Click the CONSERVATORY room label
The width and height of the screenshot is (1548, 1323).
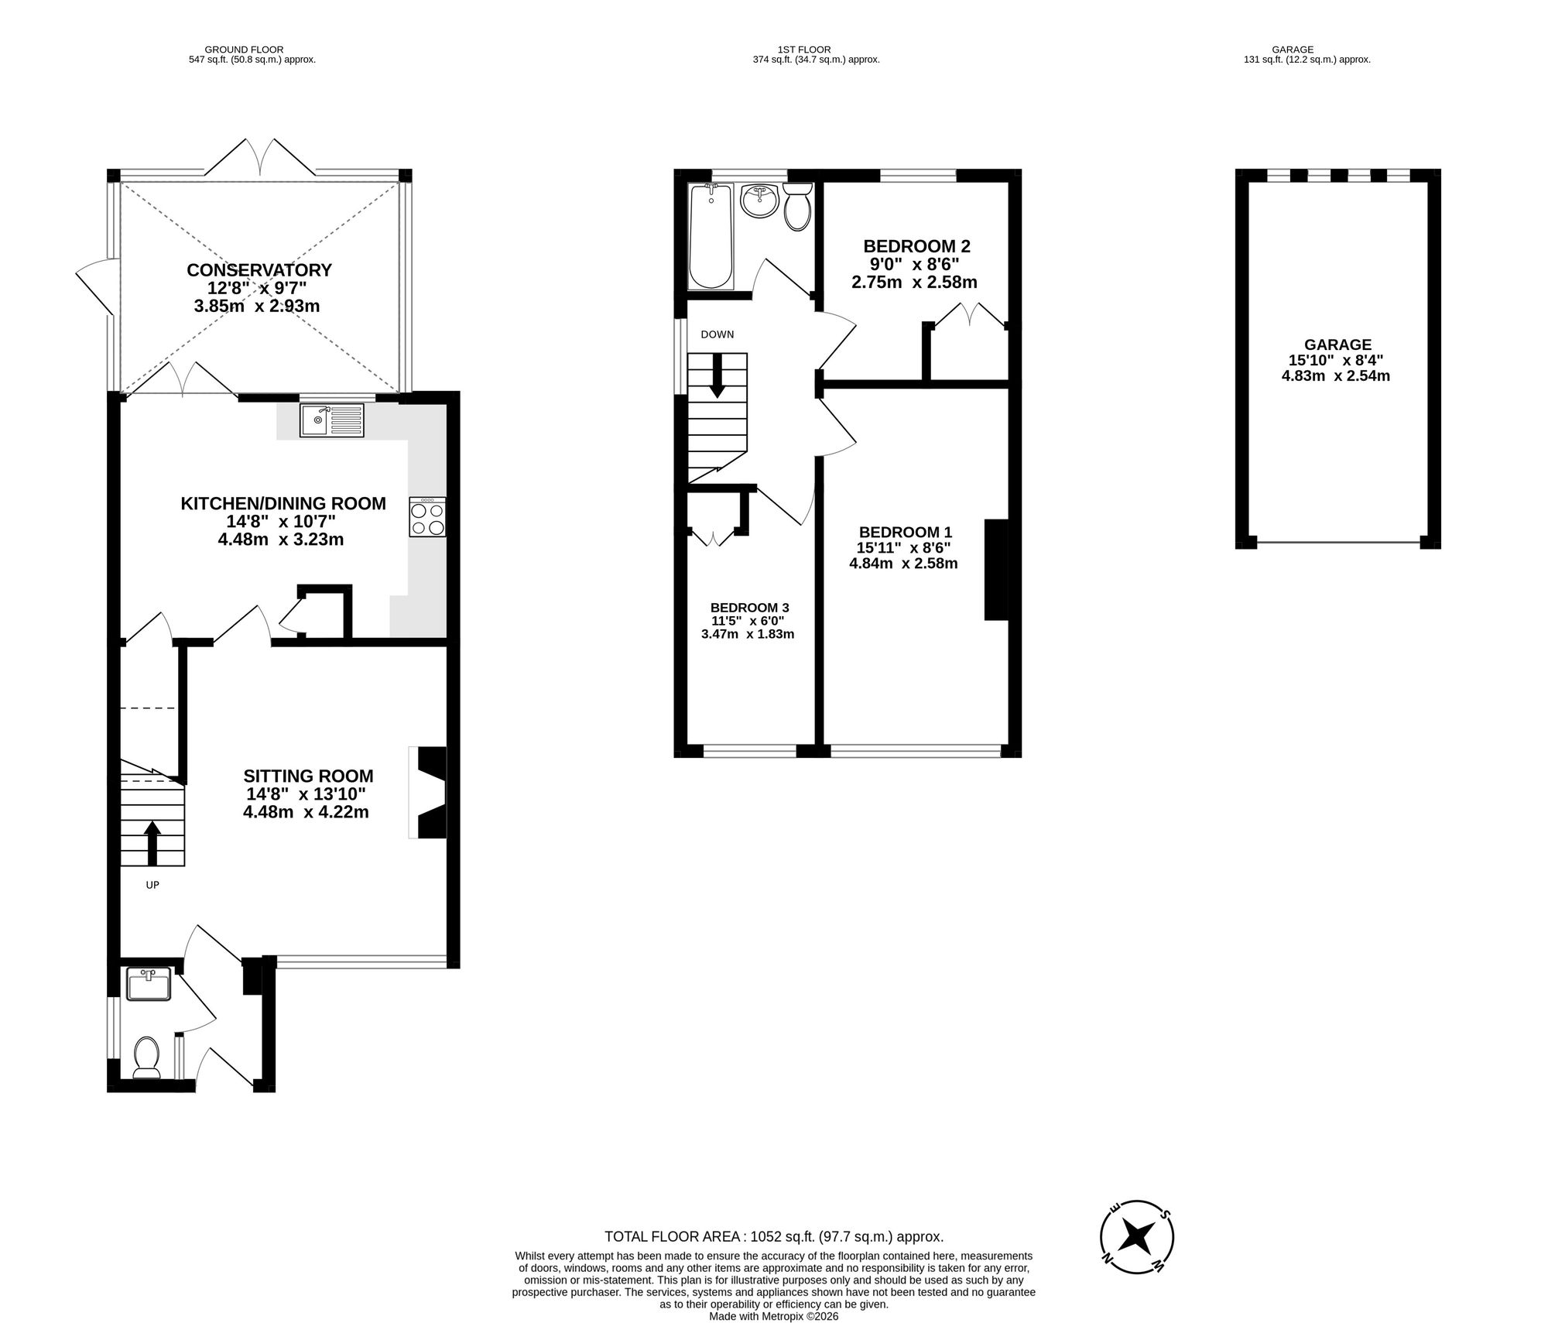[259, 270]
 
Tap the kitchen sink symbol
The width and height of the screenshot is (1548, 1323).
[331, 420]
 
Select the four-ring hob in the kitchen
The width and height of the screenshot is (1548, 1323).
[427, 517]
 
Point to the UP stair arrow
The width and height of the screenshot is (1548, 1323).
[152, 843]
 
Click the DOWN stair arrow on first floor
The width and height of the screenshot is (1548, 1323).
[717, 376]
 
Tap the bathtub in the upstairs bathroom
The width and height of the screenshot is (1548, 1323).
[711, 236]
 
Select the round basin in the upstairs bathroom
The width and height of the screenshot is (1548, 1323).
[759, 202]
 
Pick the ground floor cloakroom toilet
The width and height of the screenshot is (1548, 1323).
[146, 1057]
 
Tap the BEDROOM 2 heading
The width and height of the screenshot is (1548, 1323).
[916, 246]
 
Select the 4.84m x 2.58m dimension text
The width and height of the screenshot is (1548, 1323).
[903, 564]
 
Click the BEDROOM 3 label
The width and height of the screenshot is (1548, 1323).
[749, 608]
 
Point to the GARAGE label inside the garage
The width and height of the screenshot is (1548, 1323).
[1337, 344]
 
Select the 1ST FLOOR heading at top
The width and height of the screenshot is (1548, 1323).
[804, 50]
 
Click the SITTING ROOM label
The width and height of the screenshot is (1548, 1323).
[308, 776]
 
